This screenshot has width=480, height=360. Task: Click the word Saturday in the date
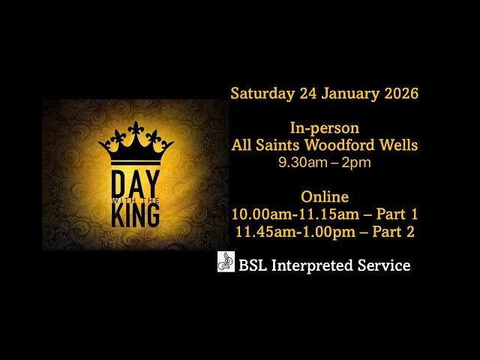pos(262,94)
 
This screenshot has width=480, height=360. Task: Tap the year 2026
pos(397,94)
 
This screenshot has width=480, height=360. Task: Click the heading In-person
pos(324,128)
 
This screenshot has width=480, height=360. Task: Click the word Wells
pos(398,145)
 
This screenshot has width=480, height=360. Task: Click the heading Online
pos(325,197)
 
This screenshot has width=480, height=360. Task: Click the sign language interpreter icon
pos(226,262)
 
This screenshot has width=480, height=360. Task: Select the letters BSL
pos(252,265)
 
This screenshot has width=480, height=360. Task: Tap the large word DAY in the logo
pos(135,184)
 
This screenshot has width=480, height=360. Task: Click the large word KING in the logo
pos(135,216)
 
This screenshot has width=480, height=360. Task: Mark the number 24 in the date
pos(308,94)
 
